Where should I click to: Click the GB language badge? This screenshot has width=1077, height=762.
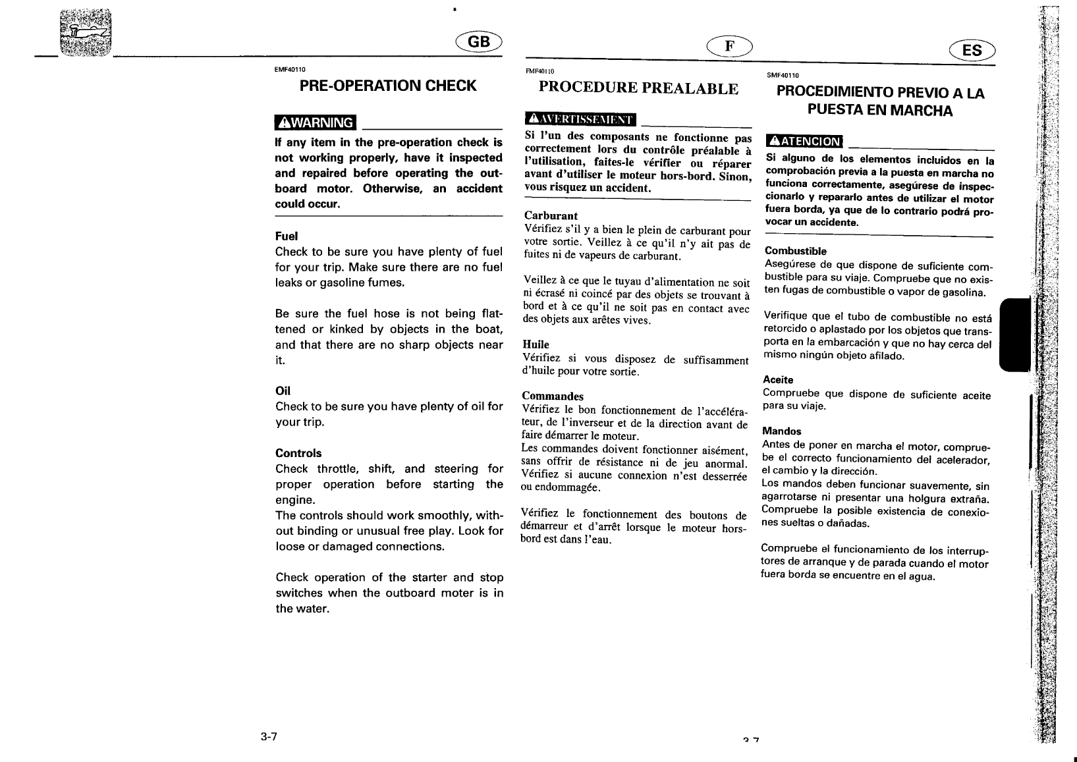(x=479, y=41)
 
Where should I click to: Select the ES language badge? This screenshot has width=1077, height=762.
(x=972, y=50)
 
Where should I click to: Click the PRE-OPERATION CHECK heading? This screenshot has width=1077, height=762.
(x=388, y=86)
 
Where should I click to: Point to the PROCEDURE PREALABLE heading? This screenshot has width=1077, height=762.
(x=638, y=89)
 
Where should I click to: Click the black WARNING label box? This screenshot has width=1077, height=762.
(x=316, y=122)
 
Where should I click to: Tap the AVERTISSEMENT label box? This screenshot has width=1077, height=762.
(x=580, y=119)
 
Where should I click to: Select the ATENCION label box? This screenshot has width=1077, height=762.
(x=804, y=141)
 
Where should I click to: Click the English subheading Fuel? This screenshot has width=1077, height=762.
(x=287, y=236)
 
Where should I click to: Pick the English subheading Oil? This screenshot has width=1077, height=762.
(x=283, y=391)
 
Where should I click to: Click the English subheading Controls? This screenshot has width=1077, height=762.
(x=298, y=453)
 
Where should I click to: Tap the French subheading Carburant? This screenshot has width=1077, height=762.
(x=551, y=215)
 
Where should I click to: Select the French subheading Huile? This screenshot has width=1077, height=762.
(x=536, y=344)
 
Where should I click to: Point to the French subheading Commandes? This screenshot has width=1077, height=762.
(x=553, y=396)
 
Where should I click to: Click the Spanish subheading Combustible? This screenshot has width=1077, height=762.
(x=795, y=251)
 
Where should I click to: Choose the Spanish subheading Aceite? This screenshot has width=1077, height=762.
(x=778, y=380)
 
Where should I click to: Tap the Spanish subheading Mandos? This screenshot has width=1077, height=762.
(x=781, y=431)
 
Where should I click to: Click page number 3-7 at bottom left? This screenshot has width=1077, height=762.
(x=268, y=736)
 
